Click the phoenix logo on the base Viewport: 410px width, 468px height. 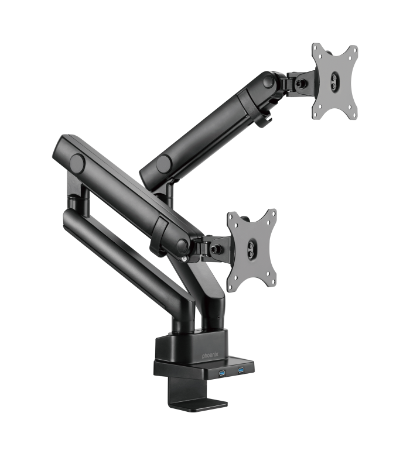pyautogui.click(x=213, y=355)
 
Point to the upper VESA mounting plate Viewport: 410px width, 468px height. pyautogui.click(x=334, y=81)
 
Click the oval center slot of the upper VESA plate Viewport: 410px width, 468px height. pyautogui.click(x=334, y=81)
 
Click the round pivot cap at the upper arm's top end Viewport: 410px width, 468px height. pyautogui.click(x=268, y=82)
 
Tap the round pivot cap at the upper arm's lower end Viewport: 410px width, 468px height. pyautogui.click(x=163, y=163)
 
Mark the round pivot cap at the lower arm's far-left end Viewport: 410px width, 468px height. pyautogui.click(x=76, y=161)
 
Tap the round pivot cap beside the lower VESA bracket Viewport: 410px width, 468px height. pyautogui.click(x=182, y=245)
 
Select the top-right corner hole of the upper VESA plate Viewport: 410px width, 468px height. pyautogui.click(x=353, y=50)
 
